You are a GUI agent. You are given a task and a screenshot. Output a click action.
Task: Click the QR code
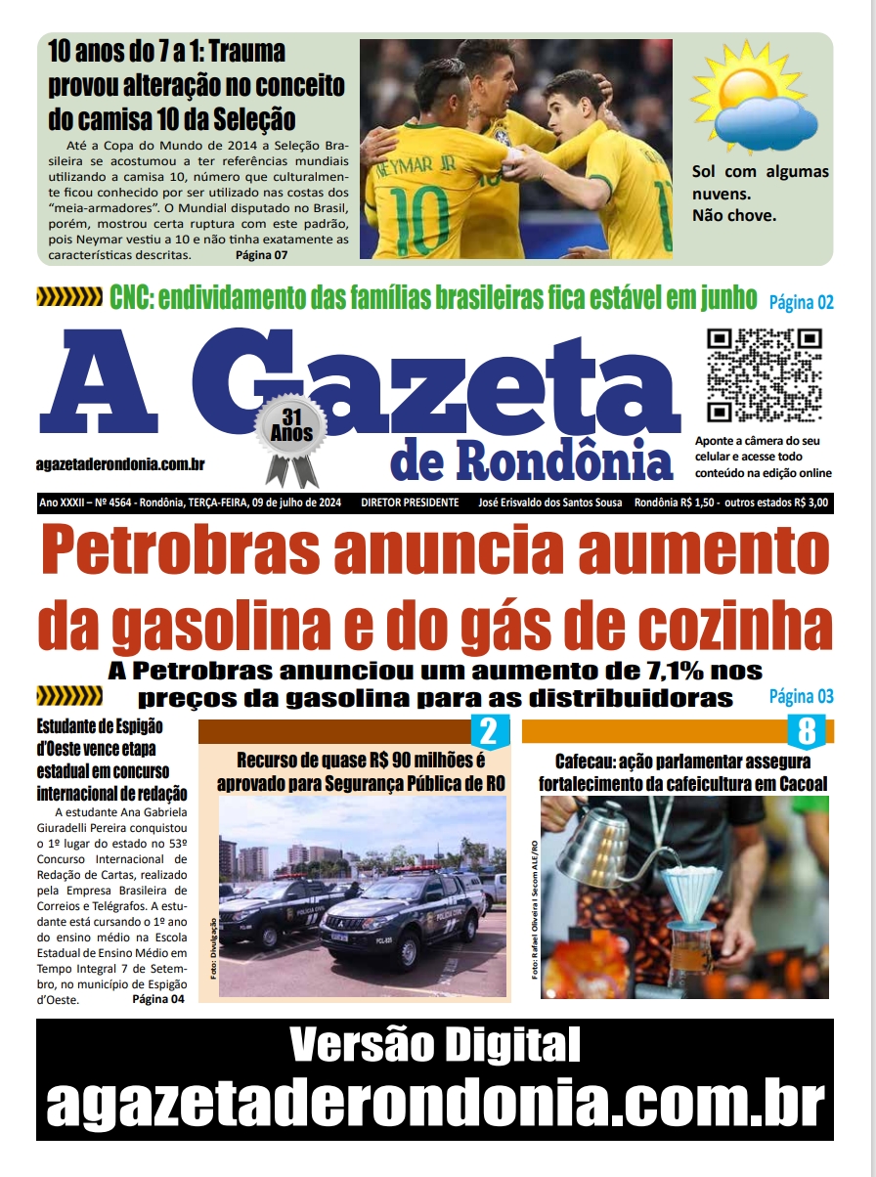tap(764, 374)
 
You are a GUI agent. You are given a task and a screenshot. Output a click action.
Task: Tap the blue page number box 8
tap(807, 730)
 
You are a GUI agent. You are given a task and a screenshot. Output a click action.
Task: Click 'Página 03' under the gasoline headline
tap(801, 697)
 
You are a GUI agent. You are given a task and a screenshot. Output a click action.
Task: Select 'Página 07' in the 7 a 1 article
tap(262, 255)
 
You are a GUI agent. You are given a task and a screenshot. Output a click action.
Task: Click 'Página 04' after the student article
tap(157, 1000)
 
